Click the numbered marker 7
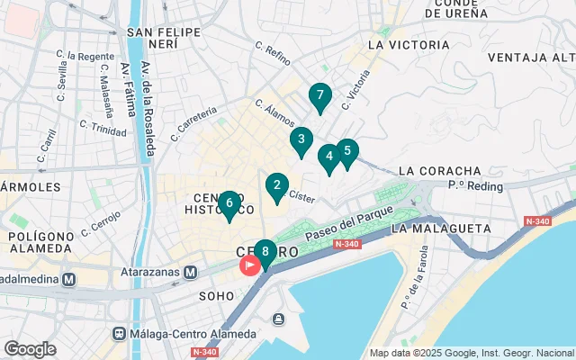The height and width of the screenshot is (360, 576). pos(319,96)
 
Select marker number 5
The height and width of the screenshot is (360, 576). pos(347,152)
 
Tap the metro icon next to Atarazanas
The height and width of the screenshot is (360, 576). pos(191,272)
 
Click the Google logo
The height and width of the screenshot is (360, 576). pos(30,348)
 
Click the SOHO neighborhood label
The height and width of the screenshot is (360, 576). pos(216,294)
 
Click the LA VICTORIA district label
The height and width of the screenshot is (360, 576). pos(409,44)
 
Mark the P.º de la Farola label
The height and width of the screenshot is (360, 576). pos(415,293)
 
